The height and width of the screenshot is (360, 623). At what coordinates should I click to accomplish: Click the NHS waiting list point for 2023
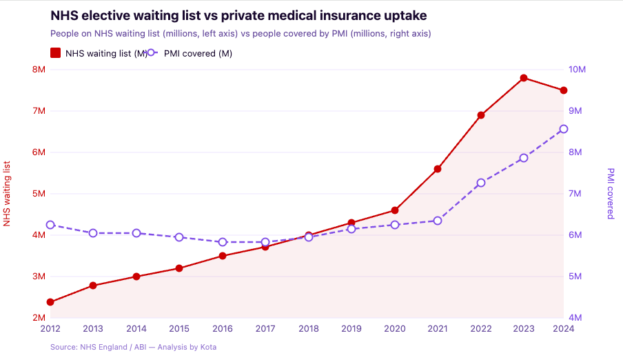tap(524, 78)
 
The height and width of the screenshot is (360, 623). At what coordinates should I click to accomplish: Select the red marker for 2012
tap(50, 302)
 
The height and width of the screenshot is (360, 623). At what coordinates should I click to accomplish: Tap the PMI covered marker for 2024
tap(563, 129)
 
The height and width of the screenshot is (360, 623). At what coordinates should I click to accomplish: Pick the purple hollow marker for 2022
tap(481, 183)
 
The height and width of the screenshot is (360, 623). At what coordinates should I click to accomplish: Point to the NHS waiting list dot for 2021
tap(438, 169)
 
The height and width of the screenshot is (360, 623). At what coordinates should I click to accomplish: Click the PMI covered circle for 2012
tap(50, 225)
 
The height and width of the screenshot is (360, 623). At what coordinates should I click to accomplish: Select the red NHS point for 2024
tap(563, 90)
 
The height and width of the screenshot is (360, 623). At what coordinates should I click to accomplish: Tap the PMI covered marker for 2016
tap(223, 242)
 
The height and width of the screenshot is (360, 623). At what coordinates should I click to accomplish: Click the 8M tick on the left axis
tap(39, 70)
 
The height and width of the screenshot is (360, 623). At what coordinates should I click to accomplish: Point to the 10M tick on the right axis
tap(577, 70)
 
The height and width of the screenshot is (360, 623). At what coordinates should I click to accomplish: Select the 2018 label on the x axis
tap(309, 329)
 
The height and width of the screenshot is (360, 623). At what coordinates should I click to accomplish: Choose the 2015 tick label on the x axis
tap(179, 329)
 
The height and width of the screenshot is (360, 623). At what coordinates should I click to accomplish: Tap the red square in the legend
tap(56, 54)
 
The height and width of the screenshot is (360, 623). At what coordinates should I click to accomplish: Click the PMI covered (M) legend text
tap(198, 54)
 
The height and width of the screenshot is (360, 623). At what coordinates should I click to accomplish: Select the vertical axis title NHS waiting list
tap(8, 194)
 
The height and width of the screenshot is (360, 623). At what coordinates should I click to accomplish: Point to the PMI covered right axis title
tap(611, 194)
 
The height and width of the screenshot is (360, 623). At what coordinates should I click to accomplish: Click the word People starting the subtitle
tap(64, 33)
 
